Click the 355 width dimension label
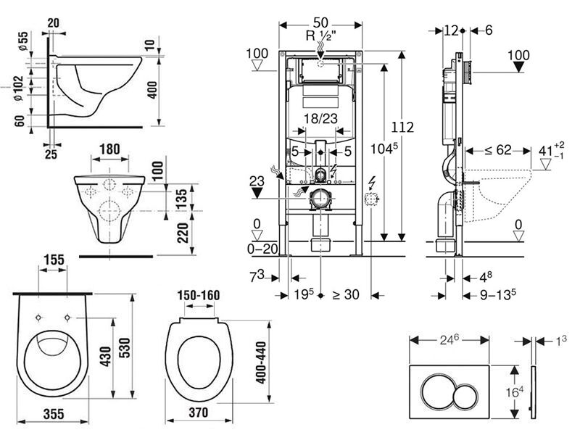[x=54, y=414]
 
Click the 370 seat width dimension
[x=198, y=413]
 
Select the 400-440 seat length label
[x=261, y=362]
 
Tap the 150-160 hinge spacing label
[x=198, y=296]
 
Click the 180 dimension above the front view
[x=110, y=149]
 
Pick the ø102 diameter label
[x=19, y=88]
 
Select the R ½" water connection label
[x=321, y=36]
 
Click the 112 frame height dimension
[x=402, y=128]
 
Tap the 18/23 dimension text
[x=320, y=119]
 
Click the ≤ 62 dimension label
[x=498, y=150]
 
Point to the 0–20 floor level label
[x=262, y=249]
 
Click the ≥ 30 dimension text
[x=346, y=294]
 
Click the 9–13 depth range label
[x=498, y=295]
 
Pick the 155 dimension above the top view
[x=54, y=260]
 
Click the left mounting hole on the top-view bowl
[x=38, y=318]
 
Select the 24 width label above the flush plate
[x=449, y=339]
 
